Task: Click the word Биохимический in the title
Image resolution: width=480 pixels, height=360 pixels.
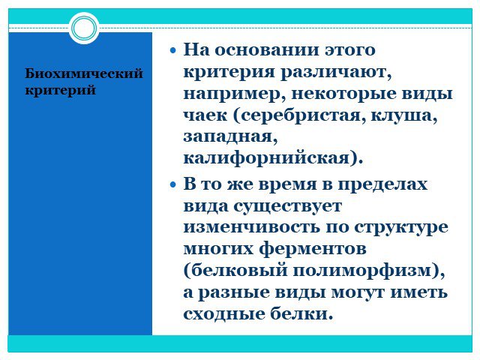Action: (x=84, y=73)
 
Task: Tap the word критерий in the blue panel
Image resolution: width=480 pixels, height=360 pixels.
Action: (x=60, y=90)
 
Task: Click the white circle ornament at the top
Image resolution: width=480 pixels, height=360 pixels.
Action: (x=84, y=28)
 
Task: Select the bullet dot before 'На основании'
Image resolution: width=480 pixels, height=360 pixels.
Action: (x=173, y=50)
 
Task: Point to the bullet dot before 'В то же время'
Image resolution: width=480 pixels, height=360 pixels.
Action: (x=173, y=185)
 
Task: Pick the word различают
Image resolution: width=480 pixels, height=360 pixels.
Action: (x=336, y=73)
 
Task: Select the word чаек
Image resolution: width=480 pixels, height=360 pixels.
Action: (x=205, y=115)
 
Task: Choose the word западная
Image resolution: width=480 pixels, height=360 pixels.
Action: (x=230, y=137)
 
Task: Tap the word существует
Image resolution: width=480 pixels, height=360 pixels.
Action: (x=287, y=206)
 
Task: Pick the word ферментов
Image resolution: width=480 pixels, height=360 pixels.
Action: (x=313, y=249)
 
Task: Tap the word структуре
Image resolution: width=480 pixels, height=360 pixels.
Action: (x=401, y=228)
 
